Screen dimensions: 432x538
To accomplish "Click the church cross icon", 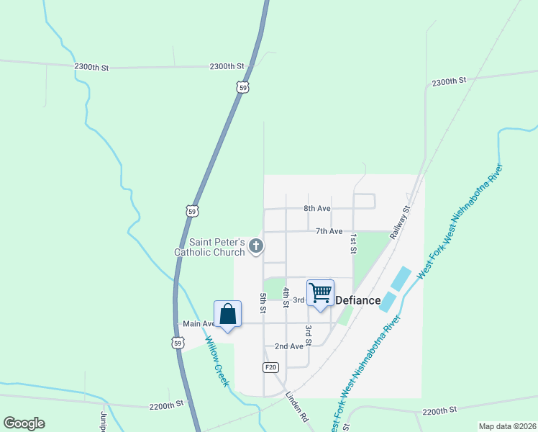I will tap(255, 247).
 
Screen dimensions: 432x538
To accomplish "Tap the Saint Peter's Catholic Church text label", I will tap(209, 247).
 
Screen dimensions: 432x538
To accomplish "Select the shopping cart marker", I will tap(320, 292).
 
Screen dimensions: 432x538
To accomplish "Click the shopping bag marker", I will tap(227, 314).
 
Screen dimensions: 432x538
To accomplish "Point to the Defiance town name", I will tap(358, 300).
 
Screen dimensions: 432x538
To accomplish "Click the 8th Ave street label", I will tap(316, 208).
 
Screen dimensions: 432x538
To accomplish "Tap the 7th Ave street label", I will tap(329, 231).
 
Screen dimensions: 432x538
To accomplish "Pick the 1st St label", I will tap(353, 243).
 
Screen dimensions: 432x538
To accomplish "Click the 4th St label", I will tap(286, 297).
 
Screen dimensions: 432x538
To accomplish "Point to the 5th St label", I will tap(263, 303).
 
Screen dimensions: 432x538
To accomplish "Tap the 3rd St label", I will tap(308, 334).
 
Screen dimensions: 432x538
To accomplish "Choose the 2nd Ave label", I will tap(288, 346).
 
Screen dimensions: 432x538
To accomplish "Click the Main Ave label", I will tap(199, 324).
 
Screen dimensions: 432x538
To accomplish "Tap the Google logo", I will tap(24, 423).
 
